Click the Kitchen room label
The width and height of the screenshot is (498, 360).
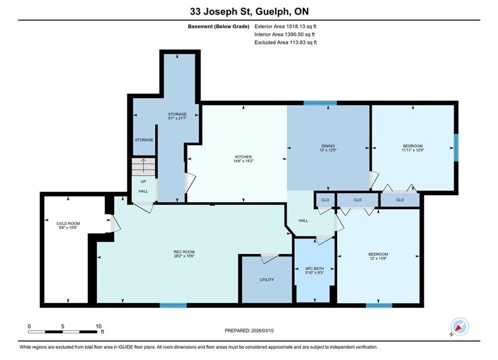(x=243, y=156)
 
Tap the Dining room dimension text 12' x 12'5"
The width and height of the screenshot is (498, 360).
(x=328, y=150)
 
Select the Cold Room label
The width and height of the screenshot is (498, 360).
(x=68, y=223)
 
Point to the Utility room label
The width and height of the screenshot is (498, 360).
(x=267, y=279)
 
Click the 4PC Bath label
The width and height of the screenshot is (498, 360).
(x=314, y=268)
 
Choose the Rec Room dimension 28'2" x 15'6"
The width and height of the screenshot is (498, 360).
(x=184, y=256)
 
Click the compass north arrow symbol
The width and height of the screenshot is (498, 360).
(x=459, y=326)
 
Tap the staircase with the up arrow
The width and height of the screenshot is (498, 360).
(x=144, y=167)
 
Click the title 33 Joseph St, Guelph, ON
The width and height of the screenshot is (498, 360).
(x=249, y=11)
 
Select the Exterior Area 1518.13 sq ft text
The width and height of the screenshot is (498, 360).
(x=285, y=26)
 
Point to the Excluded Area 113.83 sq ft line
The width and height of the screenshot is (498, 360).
(x=285, y=42)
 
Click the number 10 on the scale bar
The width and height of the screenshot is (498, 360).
(x=99, y=326)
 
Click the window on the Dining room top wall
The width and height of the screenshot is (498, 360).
(x=320, y=103)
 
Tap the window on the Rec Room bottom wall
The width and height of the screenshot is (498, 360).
(x=173, y=305)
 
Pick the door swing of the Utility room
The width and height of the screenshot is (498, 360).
(x=270, y=258)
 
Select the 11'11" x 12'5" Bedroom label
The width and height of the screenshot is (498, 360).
(x=413, y=148)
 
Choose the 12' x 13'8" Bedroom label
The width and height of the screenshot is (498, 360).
(x=378, y=256)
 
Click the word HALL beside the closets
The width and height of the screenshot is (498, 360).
(x=303, y=220)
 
